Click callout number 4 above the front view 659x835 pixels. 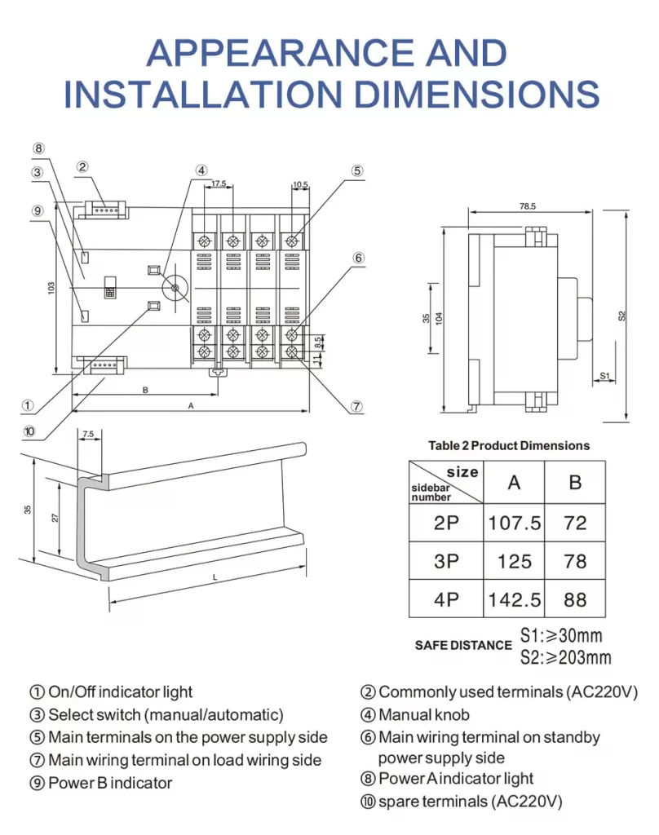click(201, 170)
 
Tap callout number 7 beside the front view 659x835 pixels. click(356, 406)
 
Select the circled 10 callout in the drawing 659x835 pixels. click(29, 431)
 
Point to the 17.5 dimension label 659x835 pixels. click(219, 184)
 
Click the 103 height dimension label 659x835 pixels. click(51, 289)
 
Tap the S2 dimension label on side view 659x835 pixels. click(621, 315)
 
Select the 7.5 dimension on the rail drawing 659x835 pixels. click(88, 434)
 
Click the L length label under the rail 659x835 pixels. click(215, 577)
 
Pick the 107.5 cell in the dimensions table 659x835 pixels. click(514, 523)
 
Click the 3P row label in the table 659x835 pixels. click(446, 561)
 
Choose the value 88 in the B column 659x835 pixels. click(575, 600)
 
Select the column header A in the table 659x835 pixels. click(514, 482)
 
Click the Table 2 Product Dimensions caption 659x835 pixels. click(508, 446)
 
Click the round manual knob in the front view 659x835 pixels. click(174, 288)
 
